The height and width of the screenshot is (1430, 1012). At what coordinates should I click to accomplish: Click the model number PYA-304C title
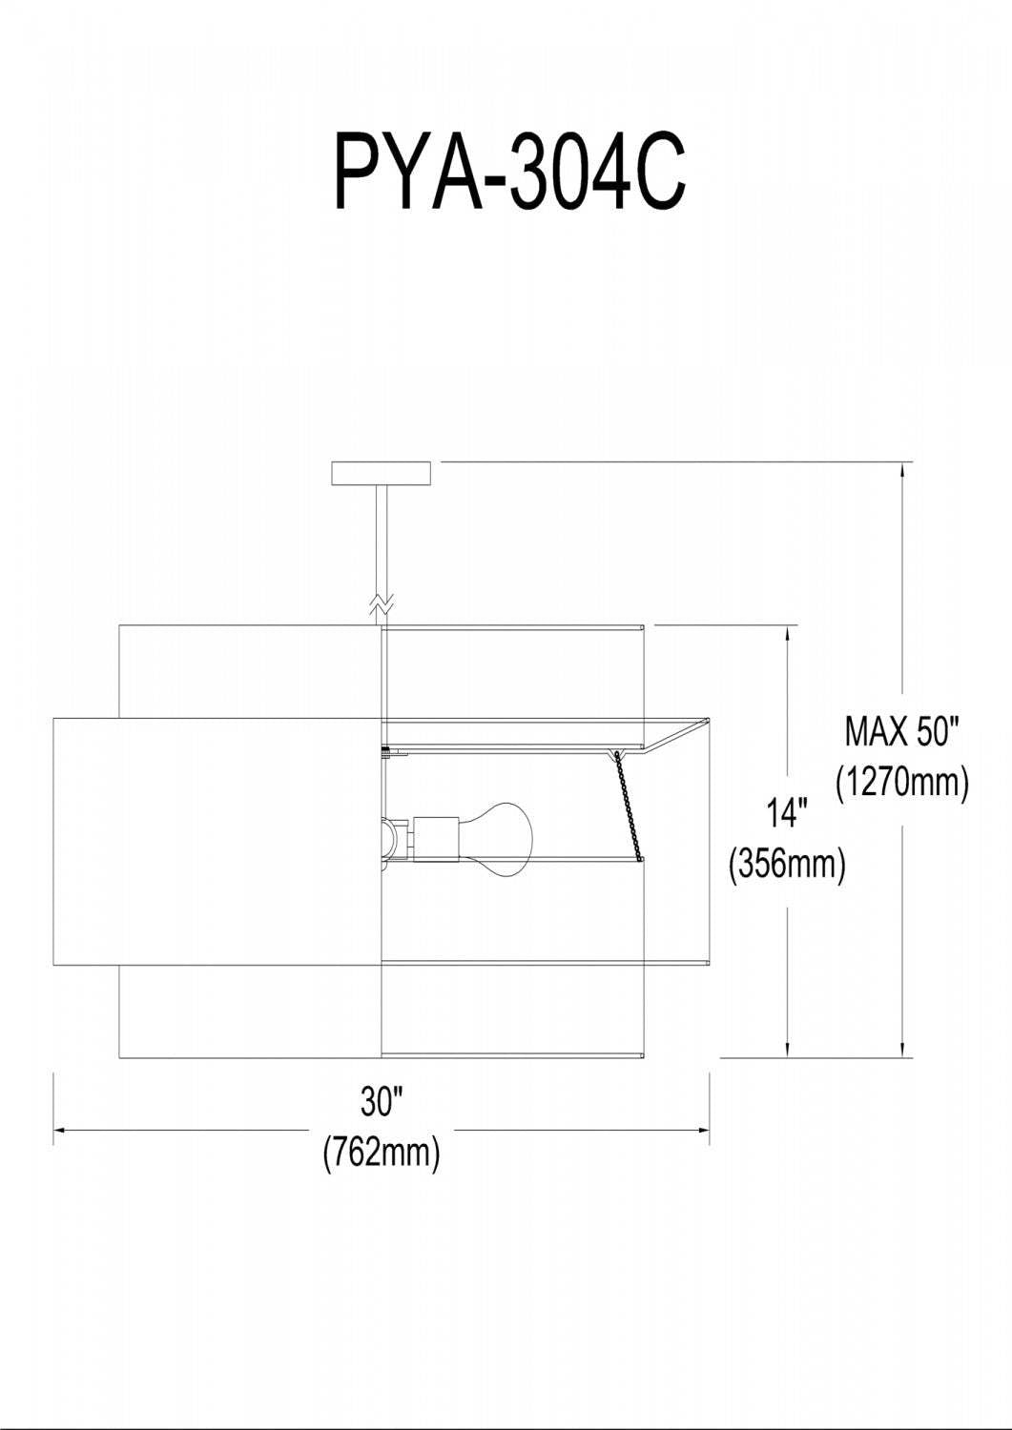(510, 173)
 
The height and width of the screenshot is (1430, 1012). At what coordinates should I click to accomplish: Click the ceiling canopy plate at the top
(382, 473)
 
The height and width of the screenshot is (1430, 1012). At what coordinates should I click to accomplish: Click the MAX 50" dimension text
(902, 732)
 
